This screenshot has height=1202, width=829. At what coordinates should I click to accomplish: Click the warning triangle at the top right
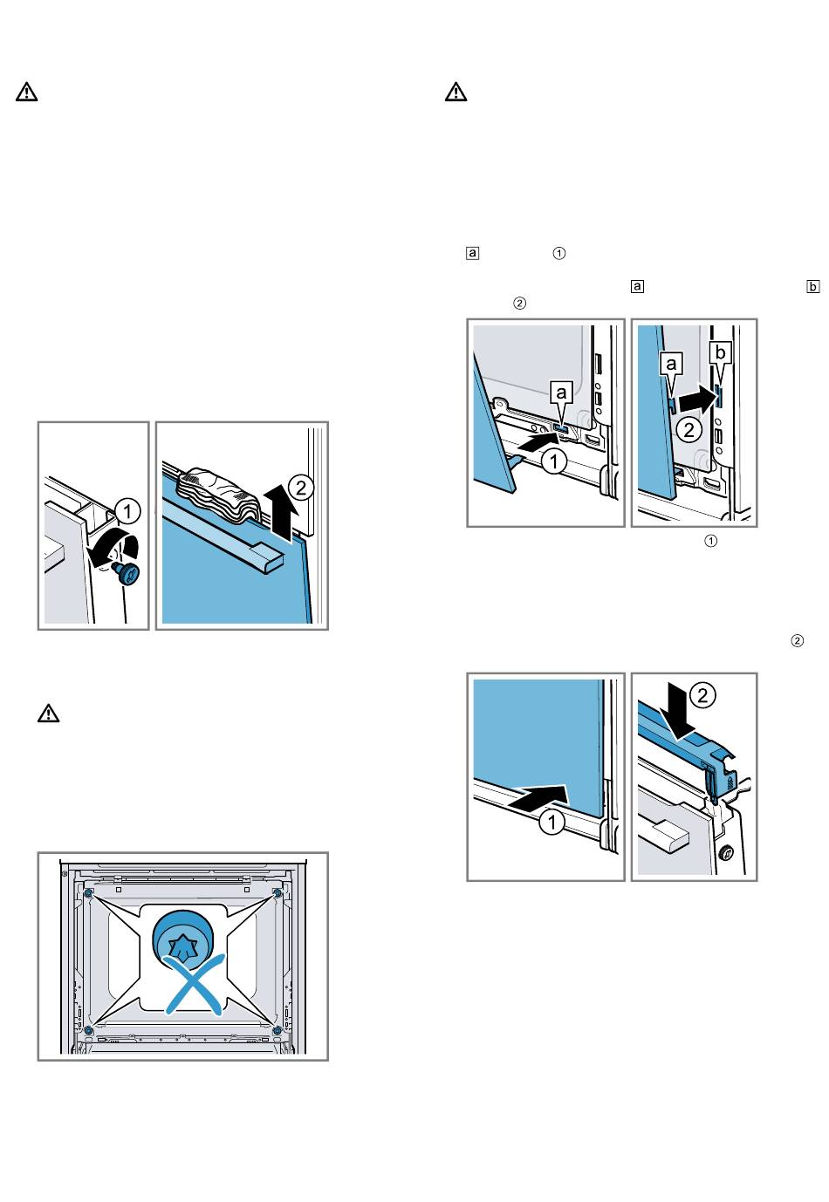[456, 92]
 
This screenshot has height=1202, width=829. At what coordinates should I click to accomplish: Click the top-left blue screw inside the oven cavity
[89, 893]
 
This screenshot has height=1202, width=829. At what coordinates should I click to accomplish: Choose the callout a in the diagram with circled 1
[562, 393]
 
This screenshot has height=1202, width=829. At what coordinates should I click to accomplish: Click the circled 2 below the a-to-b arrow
[689, 430]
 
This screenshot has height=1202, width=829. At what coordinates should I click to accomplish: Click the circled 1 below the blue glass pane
[551, 823]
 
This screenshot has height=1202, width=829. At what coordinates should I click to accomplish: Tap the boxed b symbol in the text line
[813, 285]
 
